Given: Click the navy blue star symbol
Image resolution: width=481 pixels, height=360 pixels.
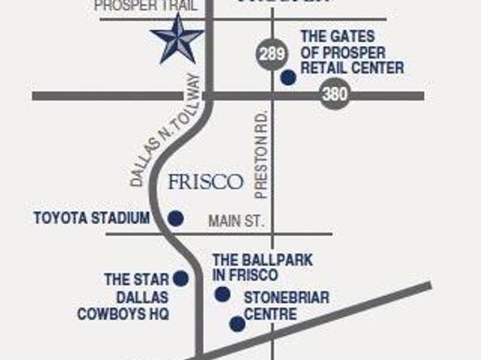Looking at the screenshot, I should pyautogui.click(x=177, y=40).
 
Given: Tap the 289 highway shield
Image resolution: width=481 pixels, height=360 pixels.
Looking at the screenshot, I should pyautogui.click(x=270, y=55).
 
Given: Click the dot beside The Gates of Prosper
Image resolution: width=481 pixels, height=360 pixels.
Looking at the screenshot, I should pyautogui.click(x=287, y=78).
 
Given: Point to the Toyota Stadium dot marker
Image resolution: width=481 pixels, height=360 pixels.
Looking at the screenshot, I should pyautogui.click(x=175, y=218).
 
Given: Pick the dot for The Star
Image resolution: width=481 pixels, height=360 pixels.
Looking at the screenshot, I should pyautogui.click(x=181, y=279).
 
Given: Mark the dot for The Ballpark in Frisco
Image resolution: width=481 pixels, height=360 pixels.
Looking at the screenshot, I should pyautogui.click(x=221, y=294).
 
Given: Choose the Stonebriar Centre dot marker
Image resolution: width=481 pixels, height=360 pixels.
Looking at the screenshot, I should pyautogui.click(x=236, y=324).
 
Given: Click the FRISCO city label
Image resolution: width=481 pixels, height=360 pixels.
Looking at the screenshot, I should pyautogui.click(x=206, y=182).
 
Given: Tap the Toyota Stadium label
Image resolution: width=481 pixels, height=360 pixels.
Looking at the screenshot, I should pyautogui.click(x=92, y=218).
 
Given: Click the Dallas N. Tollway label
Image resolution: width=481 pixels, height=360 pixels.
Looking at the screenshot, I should pyautogui.click(x=164, y=130).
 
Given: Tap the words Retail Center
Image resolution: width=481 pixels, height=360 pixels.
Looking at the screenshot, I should pyautogui.click(x=351, y=69).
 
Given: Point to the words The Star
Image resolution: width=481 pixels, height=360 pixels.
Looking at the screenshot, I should pyautogui.click(x=125, y=279).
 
